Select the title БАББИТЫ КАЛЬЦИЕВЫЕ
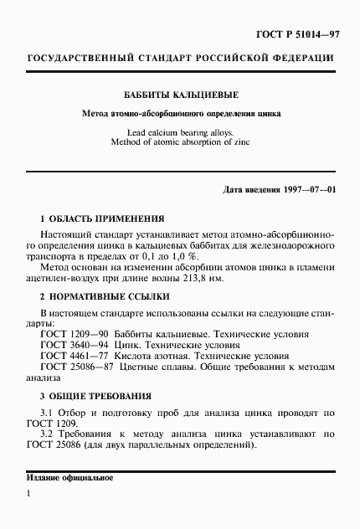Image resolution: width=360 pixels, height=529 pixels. pyautogui.click(x=181, y=95)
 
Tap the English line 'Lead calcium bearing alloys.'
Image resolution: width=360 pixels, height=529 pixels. pyautogui.click(x=181, y=132)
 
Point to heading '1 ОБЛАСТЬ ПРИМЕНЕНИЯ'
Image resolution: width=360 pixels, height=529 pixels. pyautogui.click(x=95, y=216)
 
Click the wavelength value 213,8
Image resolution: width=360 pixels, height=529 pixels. pyautogui.click(x=285, y=279)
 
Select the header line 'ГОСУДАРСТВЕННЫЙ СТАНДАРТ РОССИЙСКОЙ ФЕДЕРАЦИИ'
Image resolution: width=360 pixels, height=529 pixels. pyautogui.click(x=181, y=59)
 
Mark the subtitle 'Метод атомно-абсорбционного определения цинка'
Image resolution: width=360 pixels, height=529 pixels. pyautogui.click(x=181, y=112)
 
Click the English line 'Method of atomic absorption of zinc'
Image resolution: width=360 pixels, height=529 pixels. pyautogui.click(x=181, y=142)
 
